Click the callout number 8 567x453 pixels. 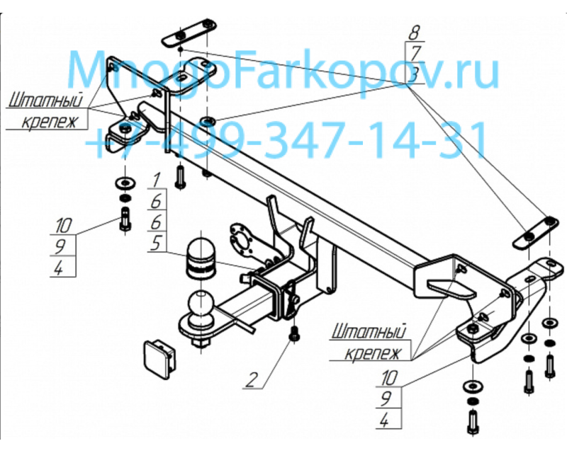pyautogui.click(x=415, y=33)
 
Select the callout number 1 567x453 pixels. pyautogui.click(x=156, y=180)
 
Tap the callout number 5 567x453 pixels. pyautogui.click(x=155, y=243)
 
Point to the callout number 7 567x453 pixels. pyautogui.click(x=415, y=54)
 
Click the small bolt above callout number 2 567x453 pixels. pyautogui.click(x=294, y=333)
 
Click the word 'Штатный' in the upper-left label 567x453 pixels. pyautogui.click(x=45, y=100)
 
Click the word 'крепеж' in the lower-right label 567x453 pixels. pyautogui.click(x=374, y=353)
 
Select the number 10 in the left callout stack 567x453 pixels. pyautogui.click(x=64, y=226)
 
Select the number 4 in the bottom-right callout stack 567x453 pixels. pyautogui.click(x=384, y=420)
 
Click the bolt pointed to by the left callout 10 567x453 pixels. pyautogui.click(x=125, y=219)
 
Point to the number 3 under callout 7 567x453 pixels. pyautogui.click(x=415, y=75)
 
